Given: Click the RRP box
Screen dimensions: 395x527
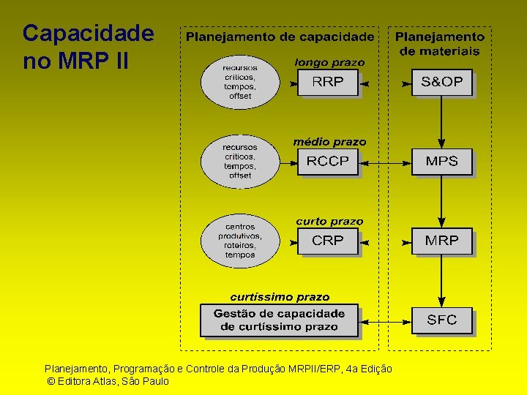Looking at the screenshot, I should click(x=327, y=82).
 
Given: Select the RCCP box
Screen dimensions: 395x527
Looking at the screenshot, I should click(x=327, y=161).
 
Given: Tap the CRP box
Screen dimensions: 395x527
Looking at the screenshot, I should click(x=327, y=240).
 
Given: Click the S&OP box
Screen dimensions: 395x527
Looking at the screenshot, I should click(x=441, y=82).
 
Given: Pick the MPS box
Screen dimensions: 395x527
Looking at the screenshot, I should click(x=441, y=161).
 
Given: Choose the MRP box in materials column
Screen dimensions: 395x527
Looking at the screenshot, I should click(x=441, y=240).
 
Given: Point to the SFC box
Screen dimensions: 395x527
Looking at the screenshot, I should click(x=441, y=320).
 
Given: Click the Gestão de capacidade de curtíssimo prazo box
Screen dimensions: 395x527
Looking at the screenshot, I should click(x=279, y=320).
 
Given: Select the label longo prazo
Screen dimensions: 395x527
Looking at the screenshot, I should click(x=329, y=63).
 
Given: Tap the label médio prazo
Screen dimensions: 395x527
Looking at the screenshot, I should click(x=329, y=142).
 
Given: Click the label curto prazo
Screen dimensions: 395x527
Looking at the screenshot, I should click(x=329, y=221).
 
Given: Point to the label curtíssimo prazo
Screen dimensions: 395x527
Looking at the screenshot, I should click(x=280, y=297).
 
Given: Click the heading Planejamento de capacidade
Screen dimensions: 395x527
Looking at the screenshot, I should click(x=280, y=37).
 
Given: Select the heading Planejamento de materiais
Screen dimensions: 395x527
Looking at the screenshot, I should click(x=440, y=43).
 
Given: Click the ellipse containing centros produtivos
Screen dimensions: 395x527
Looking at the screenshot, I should click(x=240, y=241).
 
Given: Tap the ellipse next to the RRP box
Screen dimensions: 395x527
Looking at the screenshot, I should click(x=240, y=81).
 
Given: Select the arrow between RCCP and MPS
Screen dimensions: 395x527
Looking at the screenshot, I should click(x=386, y=162).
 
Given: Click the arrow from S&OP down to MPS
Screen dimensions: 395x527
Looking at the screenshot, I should click(x=441, y=121).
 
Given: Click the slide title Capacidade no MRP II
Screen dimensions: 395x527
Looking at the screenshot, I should click(x=88, y=47).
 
